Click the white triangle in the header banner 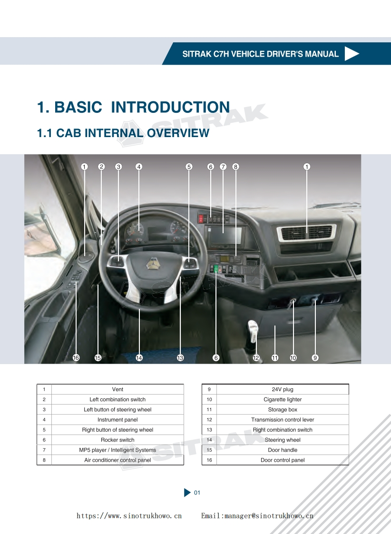[x=351, y=54]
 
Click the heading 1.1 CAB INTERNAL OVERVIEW [x=123, y=133]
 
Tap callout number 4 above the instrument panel [x=139, y=167]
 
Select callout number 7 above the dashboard [x=223, y=167]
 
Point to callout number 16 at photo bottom [x=76, y=358]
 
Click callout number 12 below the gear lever [x=256, y=358]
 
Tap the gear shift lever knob [x=253, y=327]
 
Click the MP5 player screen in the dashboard [x=223, y=236]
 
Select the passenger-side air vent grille [x=306, y=232]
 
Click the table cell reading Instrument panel [x=117, y=420]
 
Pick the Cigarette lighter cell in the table [x=283, y=400]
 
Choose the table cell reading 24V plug [x=283, y=389]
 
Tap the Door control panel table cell [x=283, y=460]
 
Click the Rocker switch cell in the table [x=117, y=440]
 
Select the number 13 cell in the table [x=209, y=430]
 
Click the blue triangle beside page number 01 [x=187, y=493]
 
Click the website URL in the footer [x=129, y=516]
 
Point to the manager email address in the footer [x=257, y=516]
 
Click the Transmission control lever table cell [x=283, y=420]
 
